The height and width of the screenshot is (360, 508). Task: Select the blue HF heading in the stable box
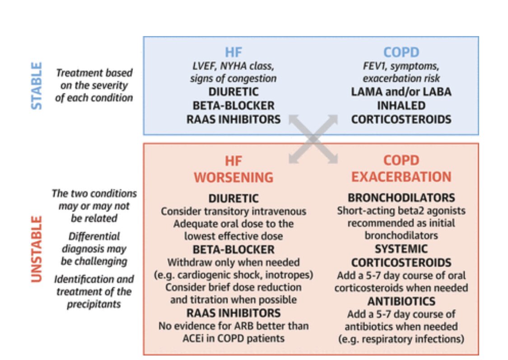point(234,52)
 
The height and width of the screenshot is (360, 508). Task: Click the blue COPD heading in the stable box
point(401,52)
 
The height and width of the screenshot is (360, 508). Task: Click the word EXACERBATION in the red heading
point(401,176)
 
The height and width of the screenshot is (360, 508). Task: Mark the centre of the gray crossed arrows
point(313,138)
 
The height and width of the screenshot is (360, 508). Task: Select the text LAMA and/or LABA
point(401,92)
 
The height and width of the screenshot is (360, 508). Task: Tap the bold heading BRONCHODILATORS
point(401,198)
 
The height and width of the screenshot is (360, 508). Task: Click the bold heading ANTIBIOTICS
point(401,301)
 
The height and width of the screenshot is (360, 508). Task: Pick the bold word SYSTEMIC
point(401,249)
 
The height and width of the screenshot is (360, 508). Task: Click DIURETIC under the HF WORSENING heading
point(233,198)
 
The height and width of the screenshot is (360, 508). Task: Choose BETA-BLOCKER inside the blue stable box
point(233,106)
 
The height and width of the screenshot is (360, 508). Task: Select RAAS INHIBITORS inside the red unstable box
point(233,313)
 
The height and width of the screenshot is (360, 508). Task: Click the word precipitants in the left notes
point(94,304)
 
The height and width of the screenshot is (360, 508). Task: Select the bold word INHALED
point(401,106)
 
